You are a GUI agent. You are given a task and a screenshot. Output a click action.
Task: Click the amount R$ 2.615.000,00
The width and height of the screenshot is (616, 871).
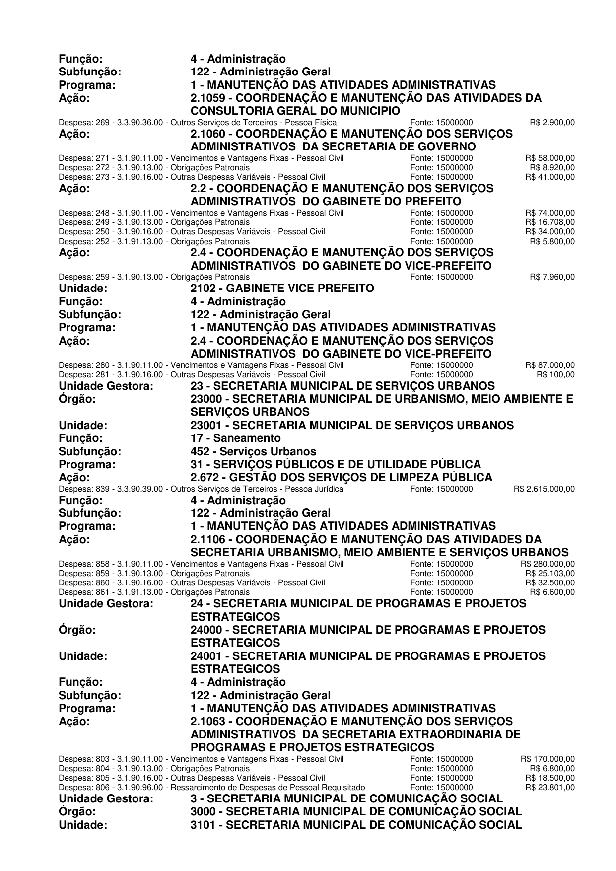tap(544, 489)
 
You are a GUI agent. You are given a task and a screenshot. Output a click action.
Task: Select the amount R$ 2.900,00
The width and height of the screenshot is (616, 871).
tap(552, 122)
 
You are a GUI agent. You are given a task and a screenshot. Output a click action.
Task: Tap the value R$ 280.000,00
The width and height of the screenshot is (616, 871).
tap(548, 564)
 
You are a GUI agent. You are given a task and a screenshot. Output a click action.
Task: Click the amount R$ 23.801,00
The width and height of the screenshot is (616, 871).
tap(550, 787)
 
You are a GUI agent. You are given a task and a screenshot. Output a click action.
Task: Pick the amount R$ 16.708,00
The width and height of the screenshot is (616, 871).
tap(550, 222)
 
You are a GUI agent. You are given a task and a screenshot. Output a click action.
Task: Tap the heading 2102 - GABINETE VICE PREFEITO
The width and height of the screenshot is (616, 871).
tap(282, 289)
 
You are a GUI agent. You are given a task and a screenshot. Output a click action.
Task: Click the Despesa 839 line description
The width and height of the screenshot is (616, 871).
tap(201, 489)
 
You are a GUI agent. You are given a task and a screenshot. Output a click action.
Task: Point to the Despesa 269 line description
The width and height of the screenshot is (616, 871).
tap(198, 122)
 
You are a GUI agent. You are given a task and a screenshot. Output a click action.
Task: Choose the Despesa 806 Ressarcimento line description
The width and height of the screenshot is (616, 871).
tap(212, 787)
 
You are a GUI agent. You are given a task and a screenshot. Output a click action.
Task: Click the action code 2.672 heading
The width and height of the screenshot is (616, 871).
tap(342, 478)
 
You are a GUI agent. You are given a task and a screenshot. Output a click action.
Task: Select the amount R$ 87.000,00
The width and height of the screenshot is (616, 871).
tap(550, 365)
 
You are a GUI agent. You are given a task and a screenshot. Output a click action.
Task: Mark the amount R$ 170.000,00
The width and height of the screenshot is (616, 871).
tap(548, 759)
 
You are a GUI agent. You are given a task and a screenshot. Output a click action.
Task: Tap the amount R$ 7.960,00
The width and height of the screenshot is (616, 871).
tap(552, 277)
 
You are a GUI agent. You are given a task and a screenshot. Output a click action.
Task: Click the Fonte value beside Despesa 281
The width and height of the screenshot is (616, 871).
tap(442, 374)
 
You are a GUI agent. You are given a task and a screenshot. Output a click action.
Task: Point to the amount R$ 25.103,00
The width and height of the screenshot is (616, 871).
tap(550, 573)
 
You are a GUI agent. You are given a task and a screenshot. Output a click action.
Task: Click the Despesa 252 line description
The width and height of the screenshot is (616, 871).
tap(154, 242)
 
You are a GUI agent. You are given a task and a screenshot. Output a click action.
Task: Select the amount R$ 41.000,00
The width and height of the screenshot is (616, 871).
tap(550, 177)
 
